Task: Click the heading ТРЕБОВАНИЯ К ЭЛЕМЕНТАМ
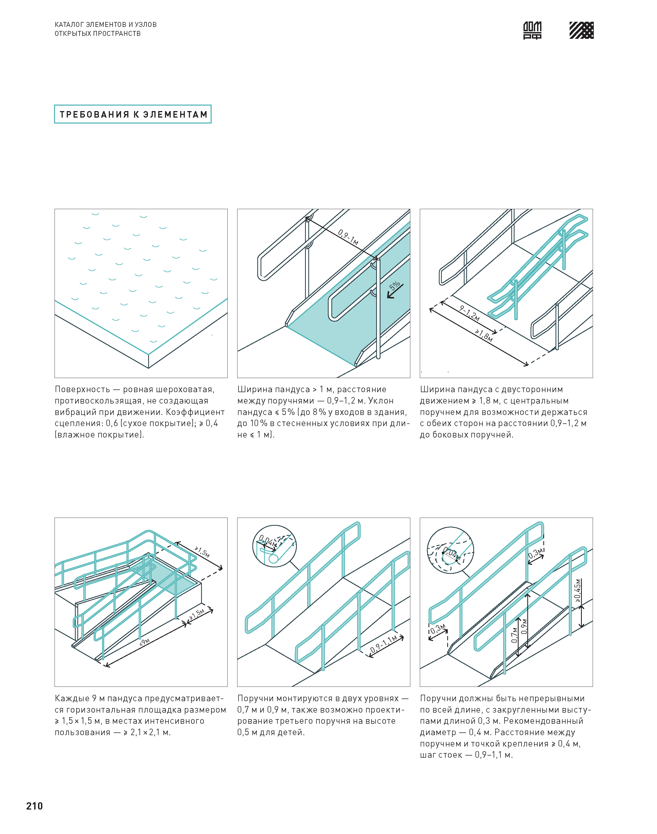(x=133, y=114)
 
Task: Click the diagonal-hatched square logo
(x=581, y=30)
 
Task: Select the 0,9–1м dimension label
(x=348, y=237)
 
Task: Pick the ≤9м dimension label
(x=145, y=642)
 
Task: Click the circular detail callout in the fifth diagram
(x=274, y=546)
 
